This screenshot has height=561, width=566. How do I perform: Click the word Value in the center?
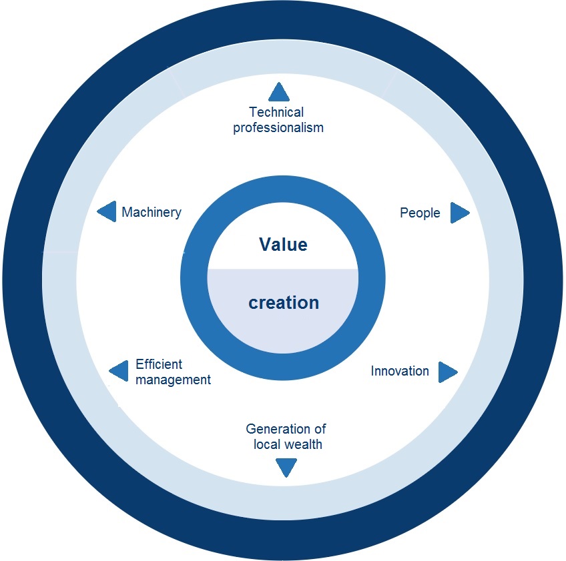pos(284,244)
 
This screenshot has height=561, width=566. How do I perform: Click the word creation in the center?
pos(284,302)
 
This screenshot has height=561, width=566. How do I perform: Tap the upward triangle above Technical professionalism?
pos(279,92)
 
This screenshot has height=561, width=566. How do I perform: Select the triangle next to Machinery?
pos(107,211)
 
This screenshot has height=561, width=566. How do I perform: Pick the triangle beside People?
pos(460,213)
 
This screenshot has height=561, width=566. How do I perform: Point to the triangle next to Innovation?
pos(448,372)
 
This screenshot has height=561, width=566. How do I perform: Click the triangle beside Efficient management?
pos(118,370)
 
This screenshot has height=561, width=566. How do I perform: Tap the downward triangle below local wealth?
pos(286,468)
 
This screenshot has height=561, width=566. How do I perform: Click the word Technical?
pos(276,112)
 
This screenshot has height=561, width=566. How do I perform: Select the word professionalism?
pos(278,127)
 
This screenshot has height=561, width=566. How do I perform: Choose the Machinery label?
pos(152,212)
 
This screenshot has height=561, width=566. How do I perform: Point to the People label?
pos(420,213)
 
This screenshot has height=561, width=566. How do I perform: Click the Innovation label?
pos(400,371)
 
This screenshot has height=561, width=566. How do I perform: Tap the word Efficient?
pos(159,364)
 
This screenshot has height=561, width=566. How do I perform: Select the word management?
pos(174,380)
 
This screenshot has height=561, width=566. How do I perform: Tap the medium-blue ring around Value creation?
pos(194,277)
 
